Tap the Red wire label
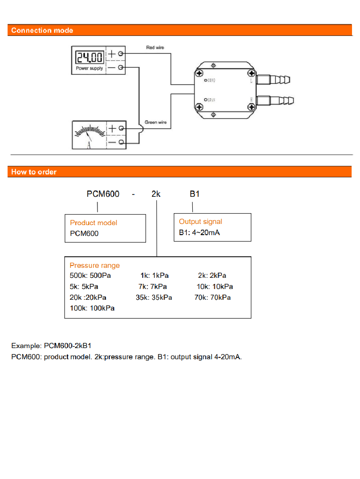point(155,48)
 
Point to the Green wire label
point(156,122)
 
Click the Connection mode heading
point(42,30)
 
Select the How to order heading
point(34,172)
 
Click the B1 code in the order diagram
point(194,194)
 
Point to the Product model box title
point(93,223)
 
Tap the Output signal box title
point(200,222)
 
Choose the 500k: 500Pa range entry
point(90,276)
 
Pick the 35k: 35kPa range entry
point(154,297)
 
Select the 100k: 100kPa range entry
point(92,308)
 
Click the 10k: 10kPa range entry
point(215,287)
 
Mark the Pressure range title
point(95,265)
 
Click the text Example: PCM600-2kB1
point(54,345)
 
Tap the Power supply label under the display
point(89,68)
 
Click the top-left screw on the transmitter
point(199,73)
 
